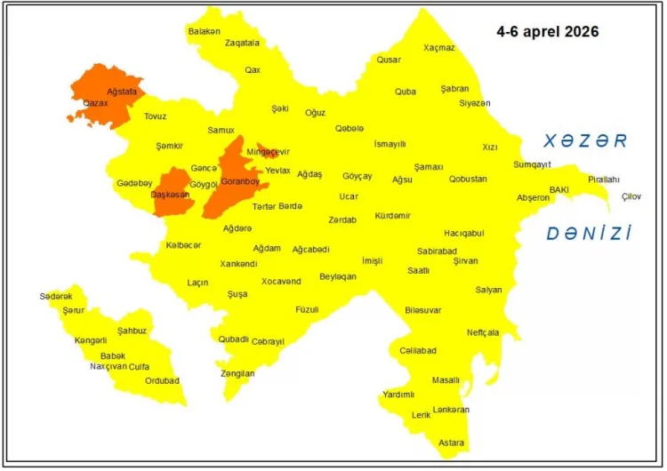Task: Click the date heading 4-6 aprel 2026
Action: click(547, 31)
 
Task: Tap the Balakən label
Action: click(204, 31)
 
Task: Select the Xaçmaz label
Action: click(438, 47)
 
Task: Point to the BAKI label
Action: click(559, 189)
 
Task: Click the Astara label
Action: click(451, 442)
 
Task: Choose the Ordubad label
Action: click(162, 380)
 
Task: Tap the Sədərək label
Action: click(56, 295)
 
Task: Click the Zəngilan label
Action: click(237, 373)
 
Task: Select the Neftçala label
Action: click(483, 332)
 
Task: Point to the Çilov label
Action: click(631, 196)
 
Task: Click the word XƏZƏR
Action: click(586, 141)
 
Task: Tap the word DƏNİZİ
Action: click(589, 234)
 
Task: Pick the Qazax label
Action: click(95, 103)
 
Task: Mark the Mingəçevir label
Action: click(268, 152)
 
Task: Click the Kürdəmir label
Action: click(392, 216)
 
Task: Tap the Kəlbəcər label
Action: click(183, 245)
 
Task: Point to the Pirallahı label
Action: click(603, 180)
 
